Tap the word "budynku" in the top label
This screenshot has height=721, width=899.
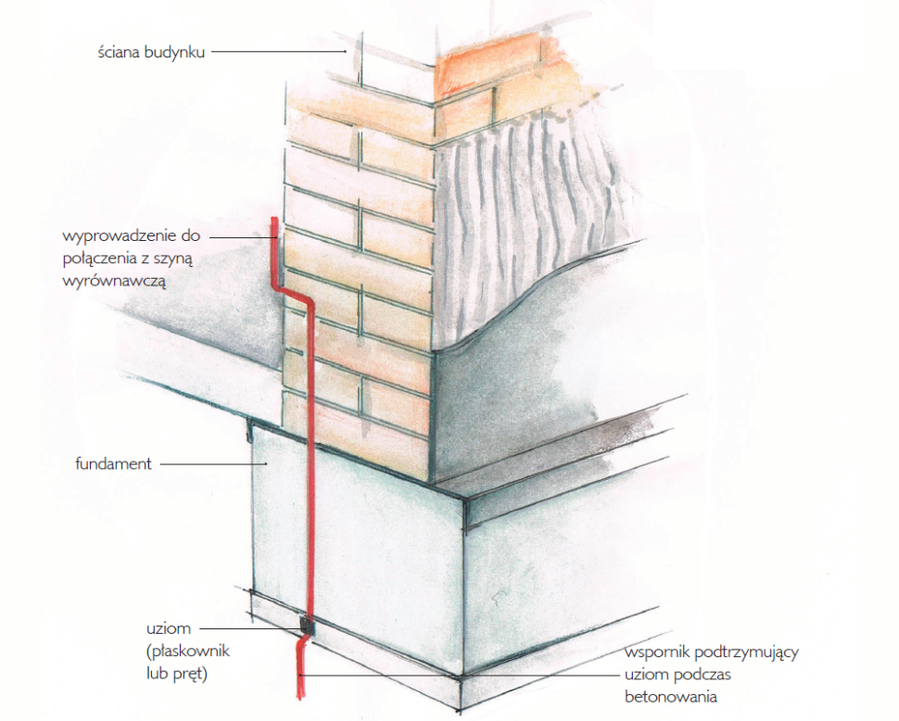point(175,52)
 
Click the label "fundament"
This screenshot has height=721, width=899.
point(113,463)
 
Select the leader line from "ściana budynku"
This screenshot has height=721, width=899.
point(278,52)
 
